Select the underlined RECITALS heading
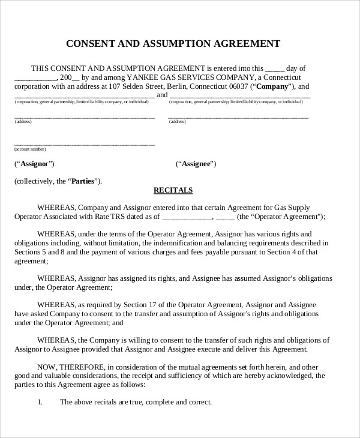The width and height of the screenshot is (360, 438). click(173, 190)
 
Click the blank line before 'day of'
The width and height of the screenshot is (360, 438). click(274, 68)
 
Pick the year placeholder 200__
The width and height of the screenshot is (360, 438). click(70, 77)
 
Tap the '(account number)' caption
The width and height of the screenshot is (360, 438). click(30, 148)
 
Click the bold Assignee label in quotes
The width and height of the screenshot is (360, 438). click(196, 164)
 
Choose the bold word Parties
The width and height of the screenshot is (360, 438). click(84, 181)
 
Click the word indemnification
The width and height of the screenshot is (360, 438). click(175, 243)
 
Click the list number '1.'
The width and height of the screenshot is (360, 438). click(40, 402)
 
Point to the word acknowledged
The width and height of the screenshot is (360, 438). click(280, 376)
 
